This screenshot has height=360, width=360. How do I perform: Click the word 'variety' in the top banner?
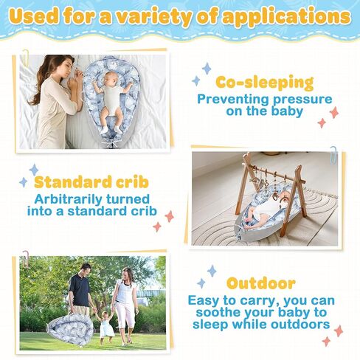tap(153, 17)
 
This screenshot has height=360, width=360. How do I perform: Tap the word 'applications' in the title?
tap(286, 17)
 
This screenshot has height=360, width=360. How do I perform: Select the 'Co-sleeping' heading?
tap(265, 83)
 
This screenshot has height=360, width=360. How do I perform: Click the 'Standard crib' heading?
tap(91, 182)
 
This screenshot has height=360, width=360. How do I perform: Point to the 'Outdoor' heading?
tap(261, 283)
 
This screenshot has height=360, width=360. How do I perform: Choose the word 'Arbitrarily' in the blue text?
tap(67, 199)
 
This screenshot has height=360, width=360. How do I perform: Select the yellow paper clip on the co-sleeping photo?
tap(26, 57)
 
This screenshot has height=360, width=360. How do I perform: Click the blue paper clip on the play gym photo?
tap(333, 153)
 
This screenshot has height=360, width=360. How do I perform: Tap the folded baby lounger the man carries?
tap(71, 327)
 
